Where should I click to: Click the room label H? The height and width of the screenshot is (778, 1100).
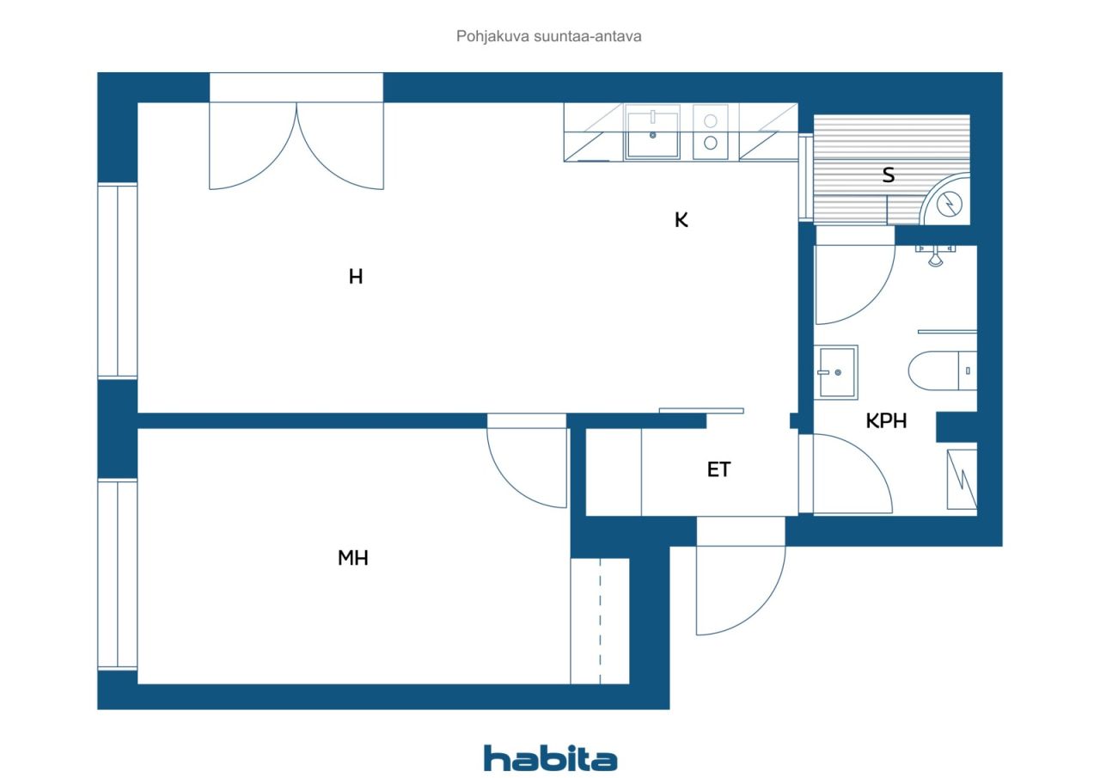click(x=356, y=277)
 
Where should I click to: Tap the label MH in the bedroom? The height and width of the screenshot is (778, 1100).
click(x=352, y=557)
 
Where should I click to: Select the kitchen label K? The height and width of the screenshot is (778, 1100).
click(x=681, y=219)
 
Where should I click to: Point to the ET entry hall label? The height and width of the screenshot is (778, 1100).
click(x=718, y=469)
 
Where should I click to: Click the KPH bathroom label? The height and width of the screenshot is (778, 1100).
click(x=885, y=421)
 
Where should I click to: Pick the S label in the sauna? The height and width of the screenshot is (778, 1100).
click(x=889, y=175)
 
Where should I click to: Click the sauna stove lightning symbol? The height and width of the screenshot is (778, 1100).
click(x=950, y=204)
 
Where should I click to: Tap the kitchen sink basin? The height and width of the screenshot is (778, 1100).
click(x=652, y=134)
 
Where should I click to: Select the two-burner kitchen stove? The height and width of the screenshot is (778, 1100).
click(x=710, y=132)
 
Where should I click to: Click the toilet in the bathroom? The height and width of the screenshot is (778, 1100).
click(x=942, y=371)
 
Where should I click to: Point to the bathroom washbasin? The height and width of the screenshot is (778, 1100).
click(x=836, y=371)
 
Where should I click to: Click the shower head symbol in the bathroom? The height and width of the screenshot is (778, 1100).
click(x=935, y=255)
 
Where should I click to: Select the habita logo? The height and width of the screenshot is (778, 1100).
click(x=550, y=759)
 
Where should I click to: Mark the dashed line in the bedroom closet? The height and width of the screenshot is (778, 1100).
click(x=600, y=621)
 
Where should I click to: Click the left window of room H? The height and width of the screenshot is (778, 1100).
click(x=118, y=280)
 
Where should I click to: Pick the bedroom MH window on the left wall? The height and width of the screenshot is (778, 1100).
click(x=118, y=574)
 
